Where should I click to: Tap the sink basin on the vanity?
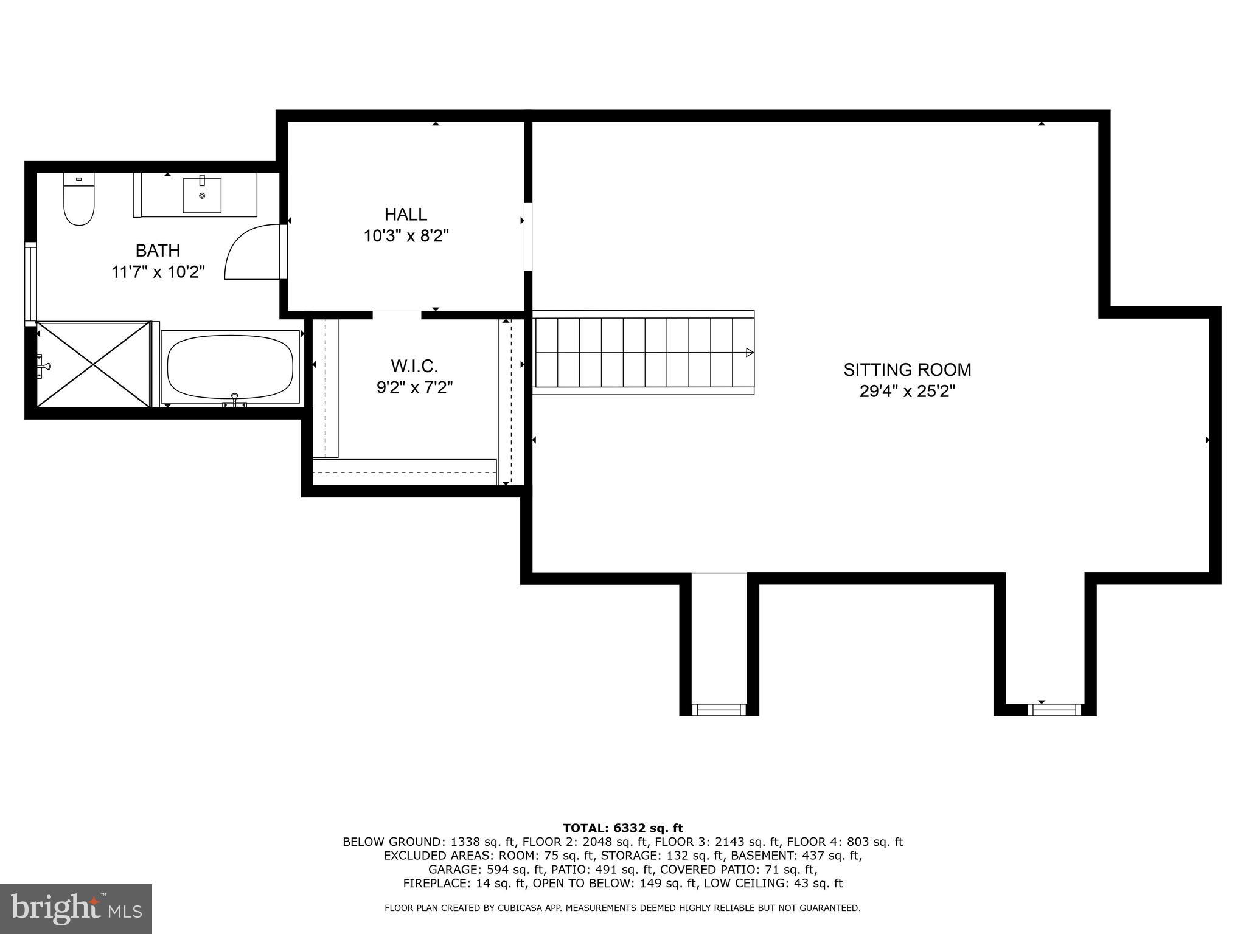(x=202, y=195)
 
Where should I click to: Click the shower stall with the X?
(x=93, y=364)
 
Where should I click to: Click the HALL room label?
(x=406, y=214)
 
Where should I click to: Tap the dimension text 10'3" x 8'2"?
(x=406, y=236)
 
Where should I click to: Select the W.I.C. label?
(x=414, y=366)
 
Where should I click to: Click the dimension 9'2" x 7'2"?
(x=414, y=387)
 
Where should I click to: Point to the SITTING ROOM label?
(x=907, y=370)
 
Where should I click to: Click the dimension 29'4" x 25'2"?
(x=907, y=392)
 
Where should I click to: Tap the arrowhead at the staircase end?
(x=750, y=352)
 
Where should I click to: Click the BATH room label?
(x=158, y=250)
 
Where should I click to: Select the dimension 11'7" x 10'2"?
(x=158, y=272)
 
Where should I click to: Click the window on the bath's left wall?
(x=30, y=281)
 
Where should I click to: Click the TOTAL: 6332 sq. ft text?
(x=622, y=828)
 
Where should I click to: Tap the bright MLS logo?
(x=75, y=908)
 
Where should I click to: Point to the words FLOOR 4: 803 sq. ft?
(x=844, y=842)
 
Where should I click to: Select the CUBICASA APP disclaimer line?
(x=622, y=908)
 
